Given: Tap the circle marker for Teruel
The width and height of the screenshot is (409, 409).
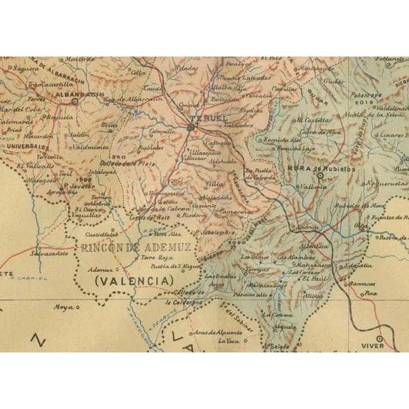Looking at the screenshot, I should pos(192,127).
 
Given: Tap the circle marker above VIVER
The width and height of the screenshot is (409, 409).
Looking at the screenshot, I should pos(380,337).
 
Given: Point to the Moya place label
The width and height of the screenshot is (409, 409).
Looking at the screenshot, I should pos(64,306).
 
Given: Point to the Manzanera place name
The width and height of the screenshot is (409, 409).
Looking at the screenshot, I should pos(316,264).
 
